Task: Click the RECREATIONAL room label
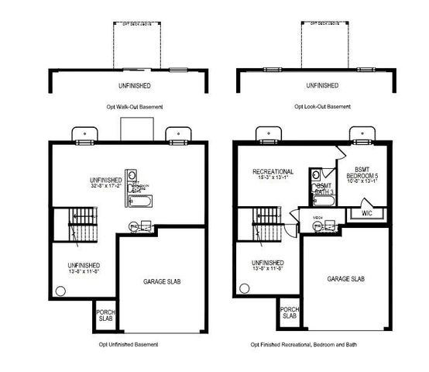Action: pyautogui.click(x=272, y=171)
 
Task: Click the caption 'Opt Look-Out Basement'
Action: pyautogui.click(x=321, y=106)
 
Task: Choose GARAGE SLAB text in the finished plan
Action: pyautogui.click(x=345, y=279)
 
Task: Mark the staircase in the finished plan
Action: pyautogui.click(x=263, y=226)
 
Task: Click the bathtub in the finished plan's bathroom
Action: pyautogui.click(x=325, y=203)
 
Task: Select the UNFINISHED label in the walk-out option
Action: pyautogui.click(x=130, y=84)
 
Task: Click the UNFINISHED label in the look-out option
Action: pyautogui.click(x=321, y=84)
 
